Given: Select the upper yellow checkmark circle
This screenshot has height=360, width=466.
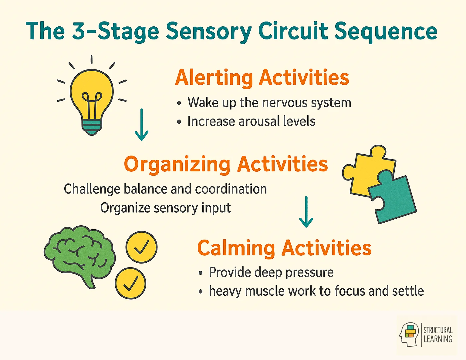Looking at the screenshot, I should (x=141, y=247).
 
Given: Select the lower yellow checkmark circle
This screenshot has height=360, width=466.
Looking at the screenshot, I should (x=130, y=283).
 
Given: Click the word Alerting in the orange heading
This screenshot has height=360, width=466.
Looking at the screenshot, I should (x=214, y=78).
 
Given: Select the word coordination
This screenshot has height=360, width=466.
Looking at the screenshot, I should (x=231, y=189).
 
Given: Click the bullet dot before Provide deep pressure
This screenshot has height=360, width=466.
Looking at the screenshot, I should (x=201, y=273).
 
